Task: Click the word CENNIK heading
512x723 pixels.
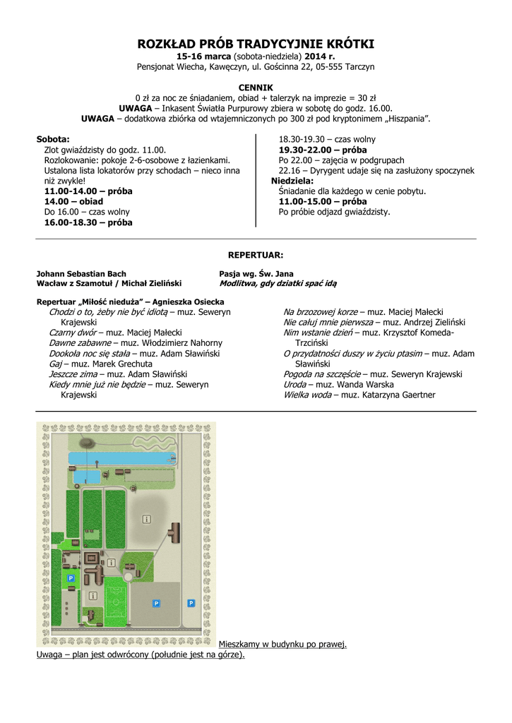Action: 256,87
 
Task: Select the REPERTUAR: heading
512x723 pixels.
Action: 256,254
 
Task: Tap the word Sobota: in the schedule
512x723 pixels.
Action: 53,139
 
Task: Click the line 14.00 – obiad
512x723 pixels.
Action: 73,201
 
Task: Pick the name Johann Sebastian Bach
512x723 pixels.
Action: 81,273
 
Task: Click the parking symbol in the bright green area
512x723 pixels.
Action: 70,578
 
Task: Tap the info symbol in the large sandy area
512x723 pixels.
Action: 147,519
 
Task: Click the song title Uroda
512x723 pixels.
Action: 294,384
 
